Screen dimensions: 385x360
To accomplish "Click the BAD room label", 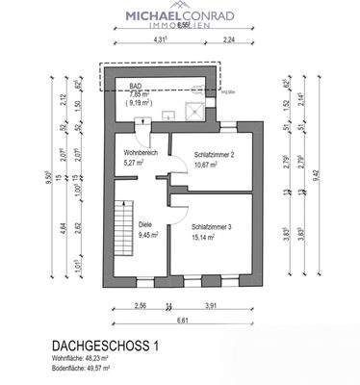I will pos(138,86).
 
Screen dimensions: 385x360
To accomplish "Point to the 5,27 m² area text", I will pos(133,163).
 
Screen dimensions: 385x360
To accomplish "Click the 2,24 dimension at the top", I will pos(228,41).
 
